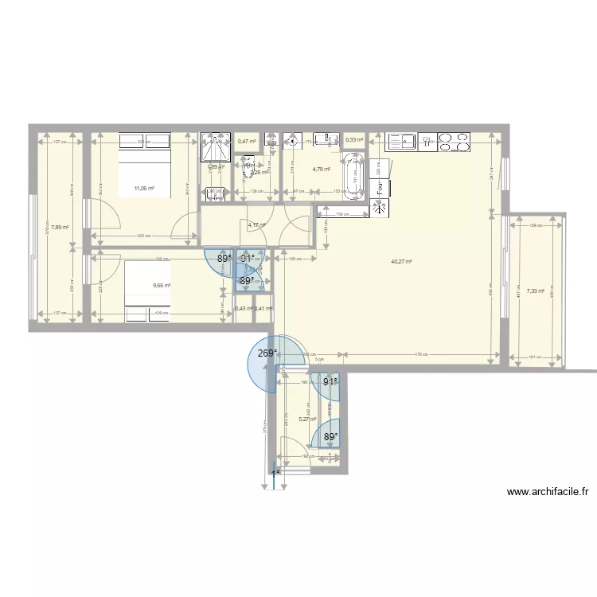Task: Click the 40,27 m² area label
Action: [x=400, y=261]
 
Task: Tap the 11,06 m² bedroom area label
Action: [x=144, y=189]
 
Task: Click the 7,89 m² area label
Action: [x=60, y=227]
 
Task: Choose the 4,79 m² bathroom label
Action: [x=321, y=169]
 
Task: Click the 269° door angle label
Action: [x=267, y=353]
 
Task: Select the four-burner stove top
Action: [x=455, y=142]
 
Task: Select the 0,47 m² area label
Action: [x=247, y=142]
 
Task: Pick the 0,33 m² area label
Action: [x=354, y=140]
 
